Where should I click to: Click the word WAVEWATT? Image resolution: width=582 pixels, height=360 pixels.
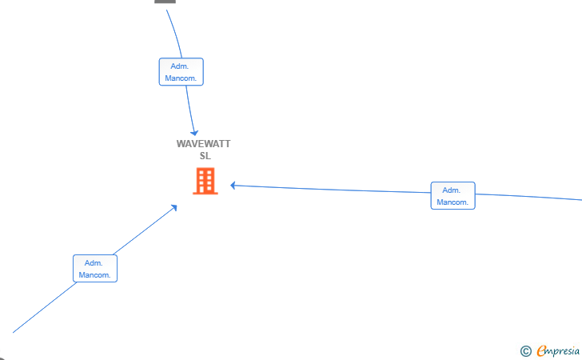point(203,144)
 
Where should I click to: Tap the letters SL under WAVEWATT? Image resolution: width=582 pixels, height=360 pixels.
point(205,156)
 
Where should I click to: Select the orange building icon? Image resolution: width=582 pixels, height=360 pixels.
point(205,182)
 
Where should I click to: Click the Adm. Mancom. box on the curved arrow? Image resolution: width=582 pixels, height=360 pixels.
point(181,72)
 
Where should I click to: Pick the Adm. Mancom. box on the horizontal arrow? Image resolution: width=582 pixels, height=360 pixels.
point(452,196)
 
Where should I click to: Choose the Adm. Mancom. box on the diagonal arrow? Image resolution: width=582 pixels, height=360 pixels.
point(95,269)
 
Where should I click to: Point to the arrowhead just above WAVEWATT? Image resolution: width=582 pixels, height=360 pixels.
point(194,133)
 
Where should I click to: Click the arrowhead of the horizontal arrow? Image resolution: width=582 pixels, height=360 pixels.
point(233,185)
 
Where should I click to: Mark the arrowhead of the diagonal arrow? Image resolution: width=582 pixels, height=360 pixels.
point(173,208)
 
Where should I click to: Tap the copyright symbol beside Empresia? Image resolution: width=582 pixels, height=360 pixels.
point(526,351)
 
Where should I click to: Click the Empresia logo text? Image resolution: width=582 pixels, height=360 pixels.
point(558,351)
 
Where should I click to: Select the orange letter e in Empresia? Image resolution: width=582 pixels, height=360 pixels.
point(541,350)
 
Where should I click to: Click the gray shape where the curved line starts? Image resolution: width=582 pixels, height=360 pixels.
point(165,2)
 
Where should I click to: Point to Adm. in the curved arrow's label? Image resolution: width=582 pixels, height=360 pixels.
point(180,66)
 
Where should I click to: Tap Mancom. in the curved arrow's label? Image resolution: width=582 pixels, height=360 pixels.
point(181,78)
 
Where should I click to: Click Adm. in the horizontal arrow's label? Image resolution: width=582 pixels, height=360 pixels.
point(452,190)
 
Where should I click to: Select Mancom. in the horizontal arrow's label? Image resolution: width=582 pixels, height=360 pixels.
point(452,202)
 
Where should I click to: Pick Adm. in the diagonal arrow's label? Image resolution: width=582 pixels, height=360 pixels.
point(94,263)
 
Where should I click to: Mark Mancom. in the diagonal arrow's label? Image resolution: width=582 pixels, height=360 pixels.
point(94,275)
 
